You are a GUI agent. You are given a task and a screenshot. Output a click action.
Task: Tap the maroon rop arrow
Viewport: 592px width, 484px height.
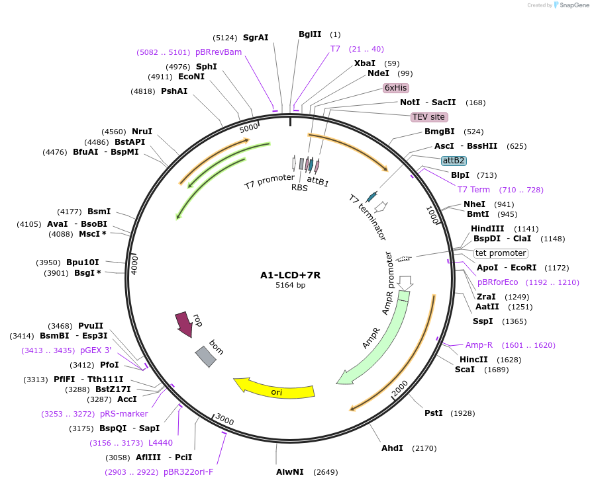183,322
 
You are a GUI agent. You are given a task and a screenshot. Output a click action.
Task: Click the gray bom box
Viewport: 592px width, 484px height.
205,356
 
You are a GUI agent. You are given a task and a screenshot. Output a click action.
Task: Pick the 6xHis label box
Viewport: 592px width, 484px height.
396,87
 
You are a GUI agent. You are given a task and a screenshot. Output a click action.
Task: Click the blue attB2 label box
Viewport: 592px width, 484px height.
454,160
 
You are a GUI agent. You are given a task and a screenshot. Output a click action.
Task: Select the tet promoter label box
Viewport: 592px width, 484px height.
501,253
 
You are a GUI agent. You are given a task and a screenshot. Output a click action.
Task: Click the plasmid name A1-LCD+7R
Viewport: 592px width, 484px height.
290,275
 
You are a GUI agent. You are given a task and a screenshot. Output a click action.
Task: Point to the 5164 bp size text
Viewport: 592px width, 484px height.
290,286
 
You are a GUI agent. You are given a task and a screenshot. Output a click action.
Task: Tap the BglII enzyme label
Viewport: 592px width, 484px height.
310,34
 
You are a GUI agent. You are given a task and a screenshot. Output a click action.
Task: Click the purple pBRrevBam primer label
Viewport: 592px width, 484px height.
218,52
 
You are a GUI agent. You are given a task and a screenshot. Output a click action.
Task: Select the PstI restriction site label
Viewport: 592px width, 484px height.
433,413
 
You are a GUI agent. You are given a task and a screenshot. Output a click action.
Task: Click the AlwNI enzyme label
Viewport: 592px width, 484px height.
290,472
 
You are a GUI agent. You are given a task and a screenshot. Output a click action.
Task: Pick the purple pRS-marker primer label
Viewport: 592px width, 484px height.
124,414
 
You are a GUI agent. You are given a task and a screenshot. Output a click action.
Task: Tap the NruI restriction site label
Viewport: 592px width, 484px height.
142,132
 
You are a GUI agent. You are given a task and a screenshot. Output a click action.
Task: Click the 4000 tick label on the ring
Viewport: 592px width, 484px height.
134,263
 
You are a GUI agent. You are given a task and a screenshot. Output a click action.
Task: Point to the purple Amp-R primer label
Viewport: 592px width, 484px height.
479,345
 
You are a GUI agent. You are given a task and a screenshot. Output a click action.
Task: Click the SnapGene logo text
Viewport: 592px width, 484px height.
573,5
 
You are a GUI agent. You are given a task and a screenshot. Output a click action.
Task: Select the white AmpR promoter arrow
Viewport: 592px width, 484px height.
407,282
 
